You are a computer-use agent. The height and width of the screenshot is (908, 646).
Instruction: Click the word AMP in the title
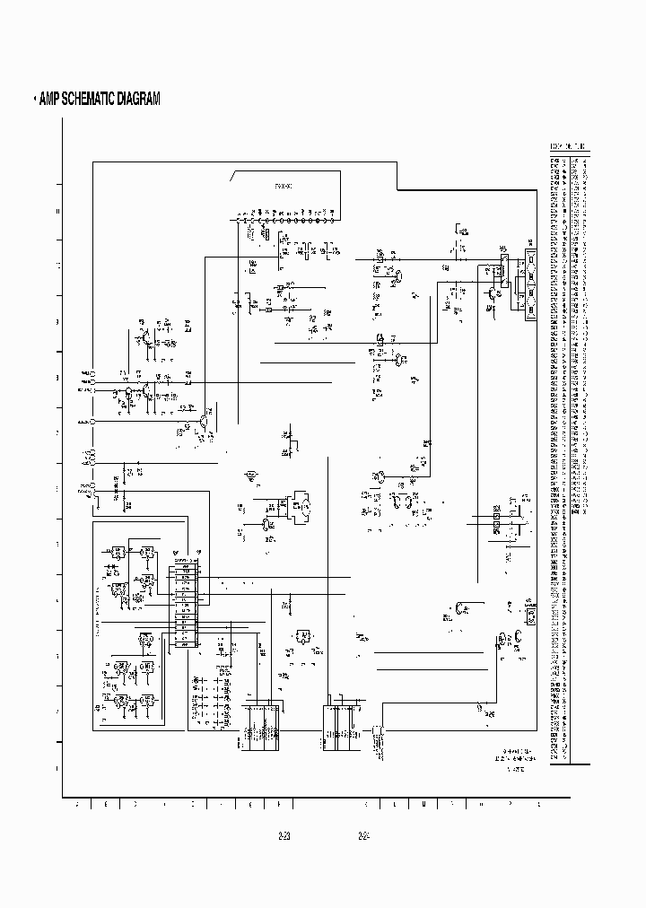(53, 100)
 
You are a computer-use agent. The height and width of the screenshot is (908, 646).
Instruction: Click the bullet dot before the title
(35, 100)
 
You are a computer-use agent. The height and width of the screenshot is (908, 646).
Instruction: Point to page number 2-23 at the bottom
(285, 836)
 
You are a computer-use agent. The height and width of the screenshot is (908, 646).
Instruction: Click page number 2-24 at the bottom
(364, 836)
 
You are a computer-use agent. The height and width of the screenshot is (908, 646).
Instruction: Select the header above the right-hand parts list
(570, 147)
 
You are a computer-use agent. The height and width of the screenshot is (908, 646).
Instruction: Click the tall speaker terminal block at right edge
(529, 284)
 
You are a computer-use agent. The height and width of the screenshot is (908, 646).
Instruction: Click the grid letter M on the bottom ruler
(423, 804)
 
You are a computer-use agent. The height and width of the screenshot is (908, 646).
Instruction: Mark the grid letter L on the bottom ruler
(394, 804)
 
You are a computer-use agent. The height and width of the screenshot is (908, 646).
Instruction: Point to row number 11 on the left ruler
(59, 266)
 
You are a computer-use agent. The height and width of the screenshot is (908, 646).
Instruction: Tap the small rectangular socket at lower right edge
(530, 616)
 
